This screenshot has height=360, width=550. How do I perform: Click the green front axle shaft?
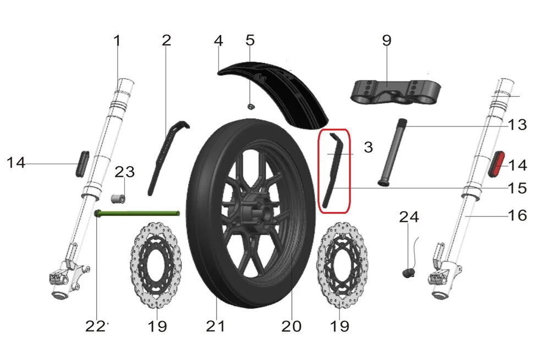point(137,213)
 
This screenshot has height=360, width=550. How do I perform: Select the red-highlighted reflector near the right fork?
point(496,164)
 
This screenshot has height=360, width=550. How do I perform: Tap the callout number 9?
point(387,41)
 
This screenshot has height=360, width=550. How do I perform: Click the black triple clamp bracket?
point(396,92)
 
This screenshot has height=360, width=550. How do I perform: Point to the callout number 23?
point(125,172)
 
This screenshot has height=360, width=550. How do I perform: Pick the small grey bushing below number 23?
point(118,199)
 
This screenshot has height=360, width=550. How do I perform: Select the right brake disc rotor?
point(342,265)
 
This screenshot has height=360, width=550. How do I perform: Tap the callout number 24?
point(409,217)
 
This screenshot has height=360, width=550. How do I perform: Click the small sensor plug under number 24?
point(408,273)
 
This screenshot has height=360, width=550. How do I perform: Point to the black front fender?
point(273,93)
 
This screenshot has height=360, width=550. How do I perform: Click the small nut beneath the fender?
point(250,106)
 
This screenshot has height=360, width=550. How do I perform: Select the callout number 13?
point(518,125)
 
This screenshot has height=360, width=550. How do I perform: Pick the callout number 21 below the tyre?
point(215,326)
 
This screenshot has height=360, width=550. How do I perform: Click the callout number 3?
point(369,147)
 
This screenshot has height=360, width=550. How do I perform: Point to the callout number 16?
point(518,215)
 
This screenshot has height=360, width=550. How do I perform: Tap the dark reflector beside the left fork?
point(82,164)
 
